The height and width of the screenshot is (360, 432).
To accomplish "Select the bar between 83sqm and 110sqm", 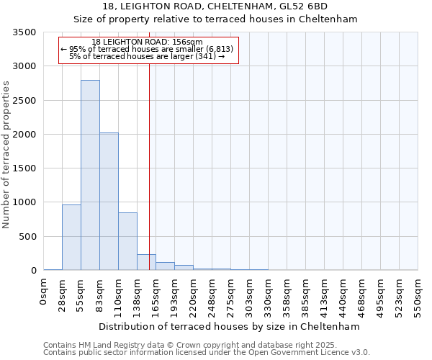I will click(x=109, y=202).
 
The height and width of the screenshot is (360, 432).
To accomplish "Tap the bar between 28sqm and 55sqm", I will click(x=71, y=238).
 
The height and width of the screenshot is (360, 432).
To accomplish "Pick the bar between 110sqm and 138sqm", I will click(x=127, y=241).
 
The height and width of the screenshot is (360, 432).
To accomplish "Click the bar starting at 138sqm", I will click(x=146, y=262).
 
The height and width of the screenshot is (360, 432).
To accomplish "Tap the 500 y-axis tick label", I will click(x=30, y=237).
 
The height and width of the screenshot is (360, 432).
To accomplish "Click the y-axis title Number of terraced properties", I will click(x=7, y=155).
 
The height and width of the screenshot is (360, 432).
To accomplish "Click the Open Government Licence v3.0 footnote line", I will click(x=207, y=353).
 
